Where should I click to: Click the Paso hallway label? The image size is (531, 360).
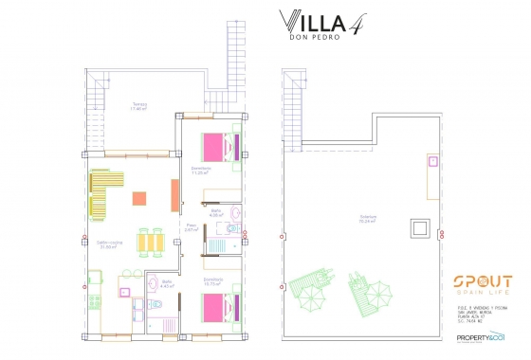(x=190, y=226)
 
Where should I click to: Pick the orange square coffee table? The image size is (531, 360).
(x=140, y=199)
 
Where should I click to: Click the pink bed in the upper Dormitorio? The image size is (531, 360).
(x=214, y=148)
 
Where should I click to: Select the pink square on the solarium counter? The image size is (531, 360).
(x=431, y=162)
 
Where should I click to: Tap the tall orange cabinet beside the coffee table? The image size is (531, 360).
(x=174, y=195)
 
